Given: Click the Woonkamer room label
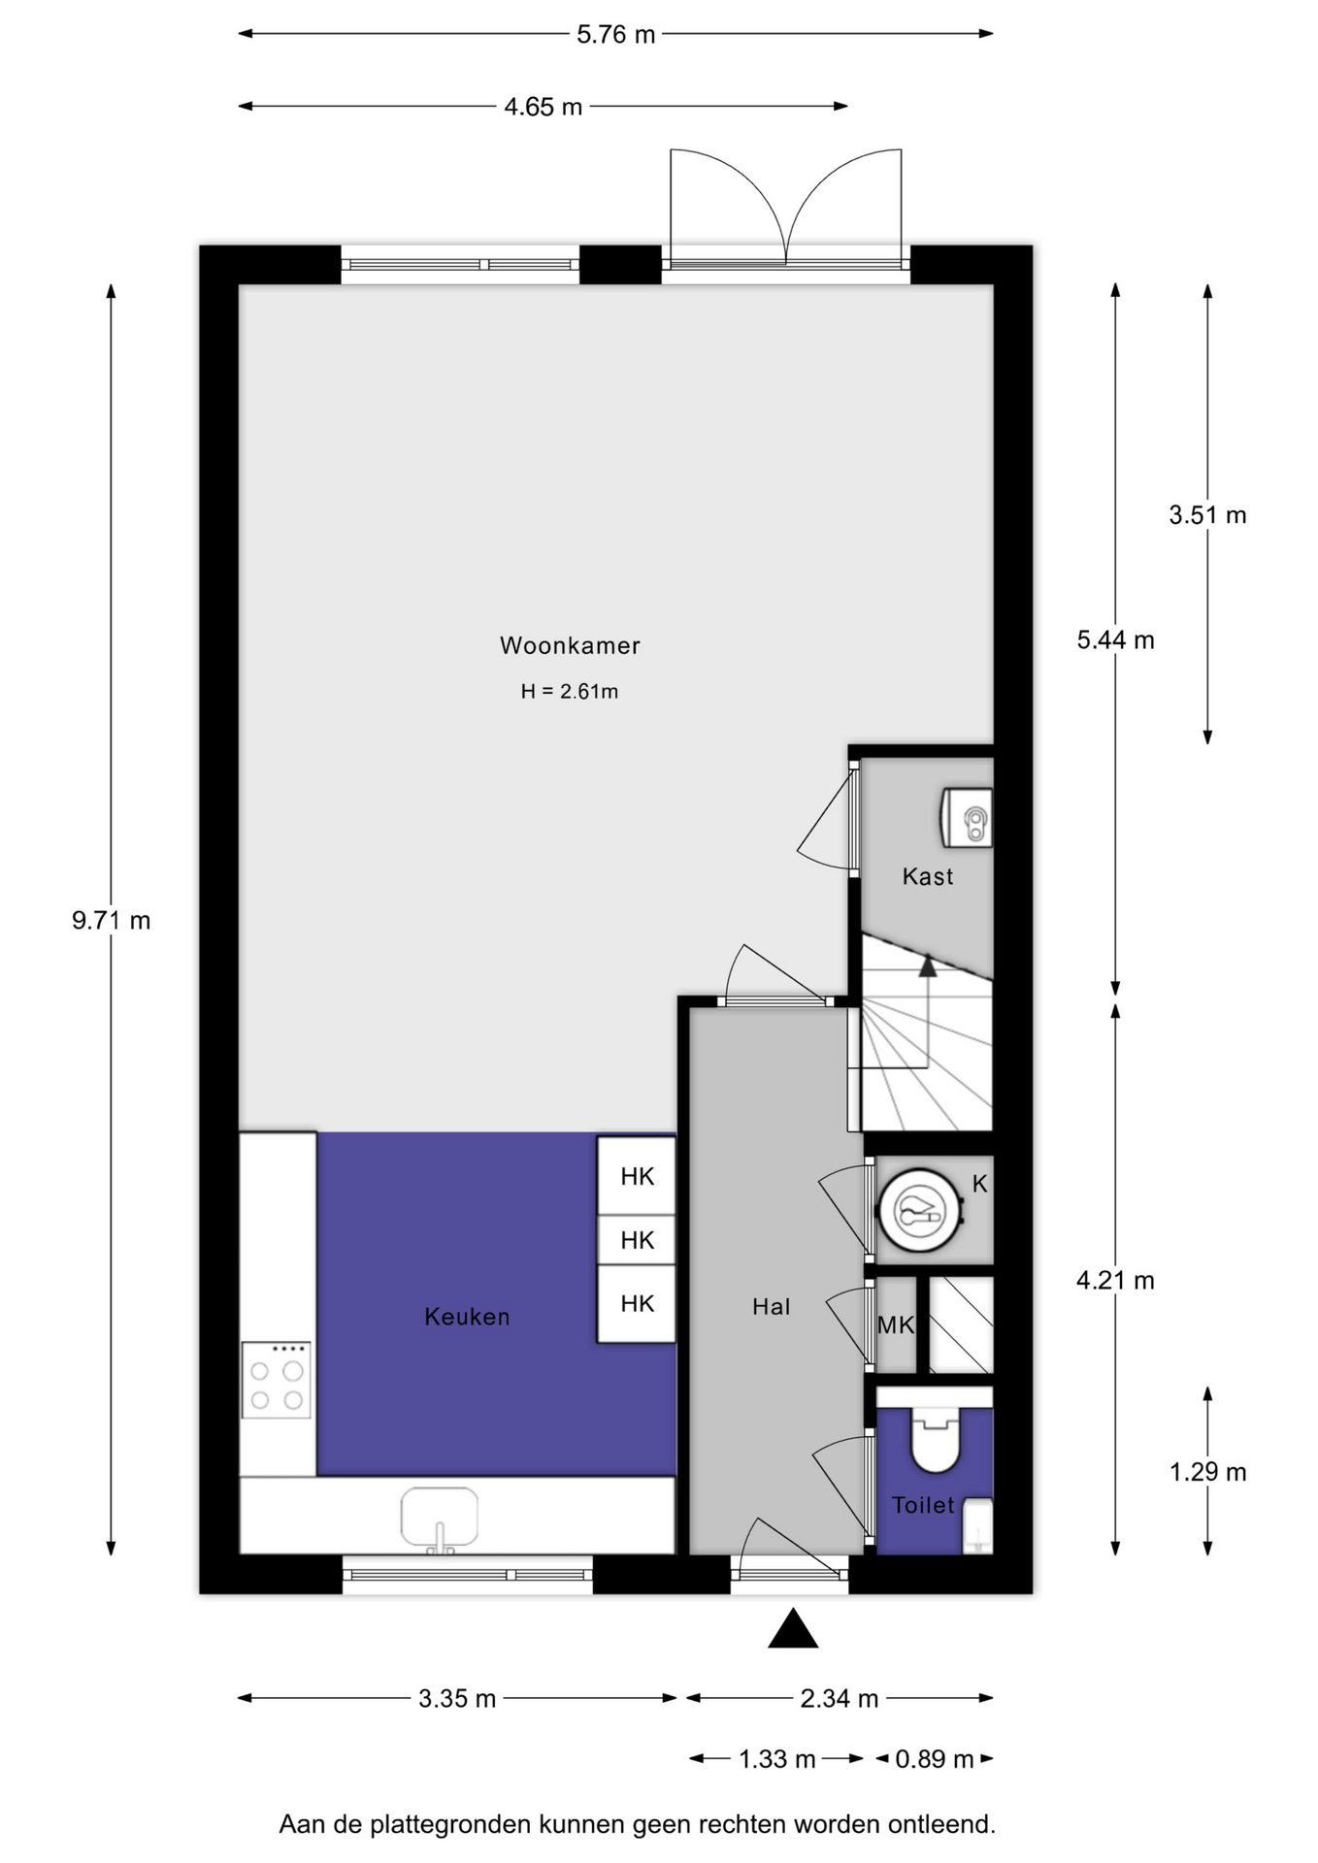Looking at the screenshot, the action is (x=570, y=645).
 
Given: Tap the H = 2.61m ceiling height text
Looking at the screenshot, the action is (x=570, y=692).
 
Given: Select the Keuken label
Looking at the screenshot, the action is (x=467, y=1317).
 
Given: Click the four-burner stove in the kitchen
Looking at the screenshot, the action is (x=277, y=1380).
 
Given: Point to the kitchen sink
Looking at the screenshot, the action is (x=440, y=1519).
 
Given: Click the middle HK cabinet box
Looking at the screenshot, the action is (x=637, y=1240).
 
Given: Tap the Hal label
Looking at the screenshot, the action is (x=772, y=1307).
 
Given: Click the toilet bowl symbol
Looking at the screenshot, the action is (x=936, y=1441).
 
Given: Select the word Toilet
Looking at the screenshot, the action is (x=923, y=1505).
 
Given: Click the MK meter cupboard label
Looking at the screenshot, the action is (x=896, y=1324).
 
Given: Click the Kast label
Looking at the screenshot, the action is (x=928, y=877).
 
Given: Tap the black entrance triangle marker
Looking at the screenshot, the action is (x=793, y=1629).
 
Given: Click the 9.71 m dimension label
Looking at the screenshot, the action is (x=112, y=920).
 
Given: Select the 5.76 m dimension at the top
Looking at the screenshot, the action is (x=616, y=35).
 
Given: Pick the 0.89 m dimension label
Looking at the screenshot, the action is (x=935, y=1759).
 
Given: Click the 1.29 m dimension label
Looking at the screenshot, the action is (x=1207, y=1472).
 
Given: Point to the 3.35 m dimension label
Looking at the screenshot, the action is (x=457, y=1698).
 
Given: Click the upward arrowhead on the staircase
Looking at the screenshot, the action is (x=928, y=965).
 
